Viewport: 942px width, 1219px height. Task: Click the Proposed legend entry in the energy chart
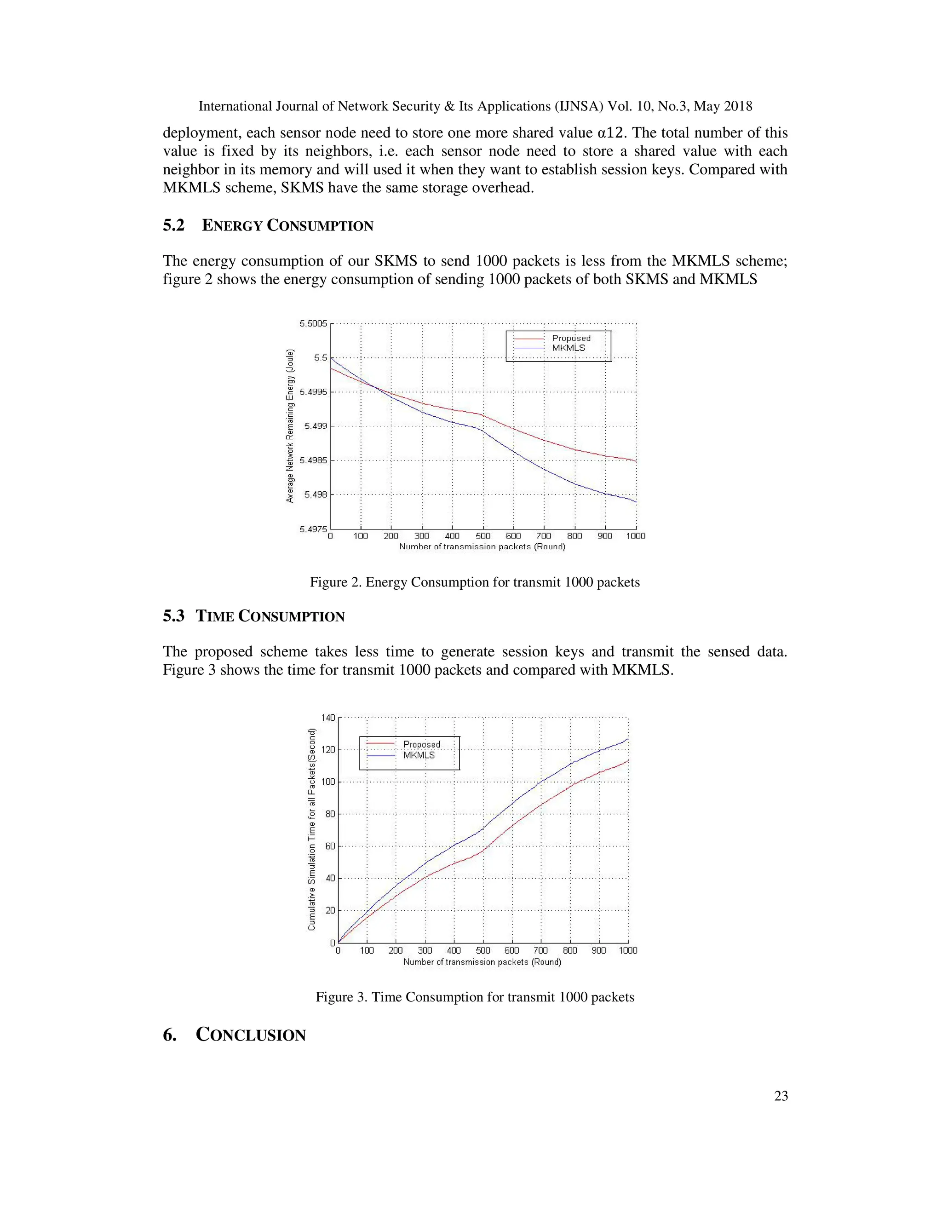click(570, 338)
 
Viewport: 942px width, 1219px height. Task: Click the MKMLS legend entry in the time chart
click(419, 755)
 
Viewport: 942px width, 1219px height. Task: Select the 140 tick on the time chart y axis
click(327, 717)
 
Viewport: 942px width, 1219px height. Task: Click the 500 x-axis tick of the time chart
click(482, 950)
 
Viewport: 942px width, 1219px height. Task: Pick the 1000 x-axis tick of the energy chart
click(635, 536)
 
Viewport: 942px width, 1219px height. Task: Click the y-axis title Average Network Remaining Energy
click(290, 426)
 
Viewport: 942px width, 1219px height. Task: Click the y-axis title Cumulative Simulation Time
click(311, 829)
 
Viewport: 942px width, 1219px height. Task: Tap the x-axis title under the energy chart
click(482, 546)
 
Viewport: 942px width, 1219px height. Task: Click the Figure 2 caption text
click(474, 582)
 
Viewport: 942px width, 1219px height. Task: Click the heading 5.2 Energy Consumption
click(268, 225)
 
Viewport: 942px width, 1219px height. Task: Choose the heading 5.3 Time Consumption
click(253, 616)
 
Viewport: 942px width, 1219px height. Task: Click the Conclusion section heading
click(235, 1035)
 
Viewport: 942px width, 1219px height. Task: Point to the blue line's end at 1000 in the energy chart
click(636, 502)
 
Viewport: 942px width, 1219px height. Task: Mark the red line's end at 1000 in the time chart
click(628, 760)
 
